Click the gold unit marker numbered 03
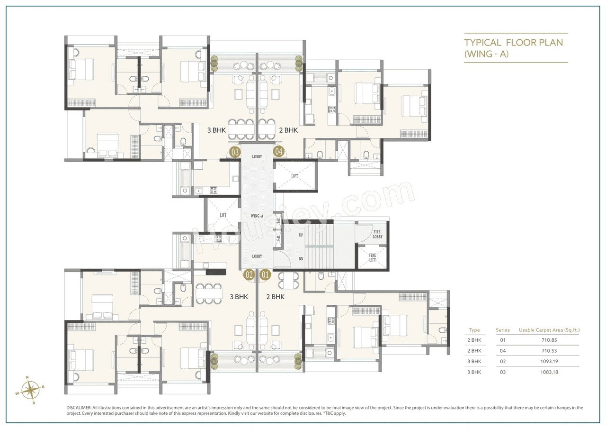pos(235,152)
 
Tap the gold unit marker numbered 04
pos(279,152)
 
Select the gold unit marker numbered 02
pos(249,274)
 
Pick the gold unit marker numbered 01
pos(265,274)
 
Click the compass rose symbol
pos(31,390)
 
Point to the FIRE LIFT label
pos(373,257)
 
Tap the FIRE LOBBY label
pos(377,234)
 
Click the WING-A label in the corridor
pos(257,216)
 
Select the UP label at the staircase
pos(301,235)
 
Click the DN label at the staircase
pos(301,259)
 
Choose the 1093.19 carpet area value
pos(549,362)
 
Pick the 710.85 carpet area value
pos(549,340)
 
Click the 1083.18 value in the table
pos(549,372)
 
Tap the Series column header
pos(503,330)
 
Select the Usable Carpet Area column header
pos(549,330)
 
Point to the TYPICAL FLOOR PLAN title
pos(513,43)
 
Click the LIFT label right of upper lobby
pos(295,176)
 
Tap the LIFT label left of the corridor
pos(223,215)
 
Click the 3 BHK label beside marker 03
pos(216,130)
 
